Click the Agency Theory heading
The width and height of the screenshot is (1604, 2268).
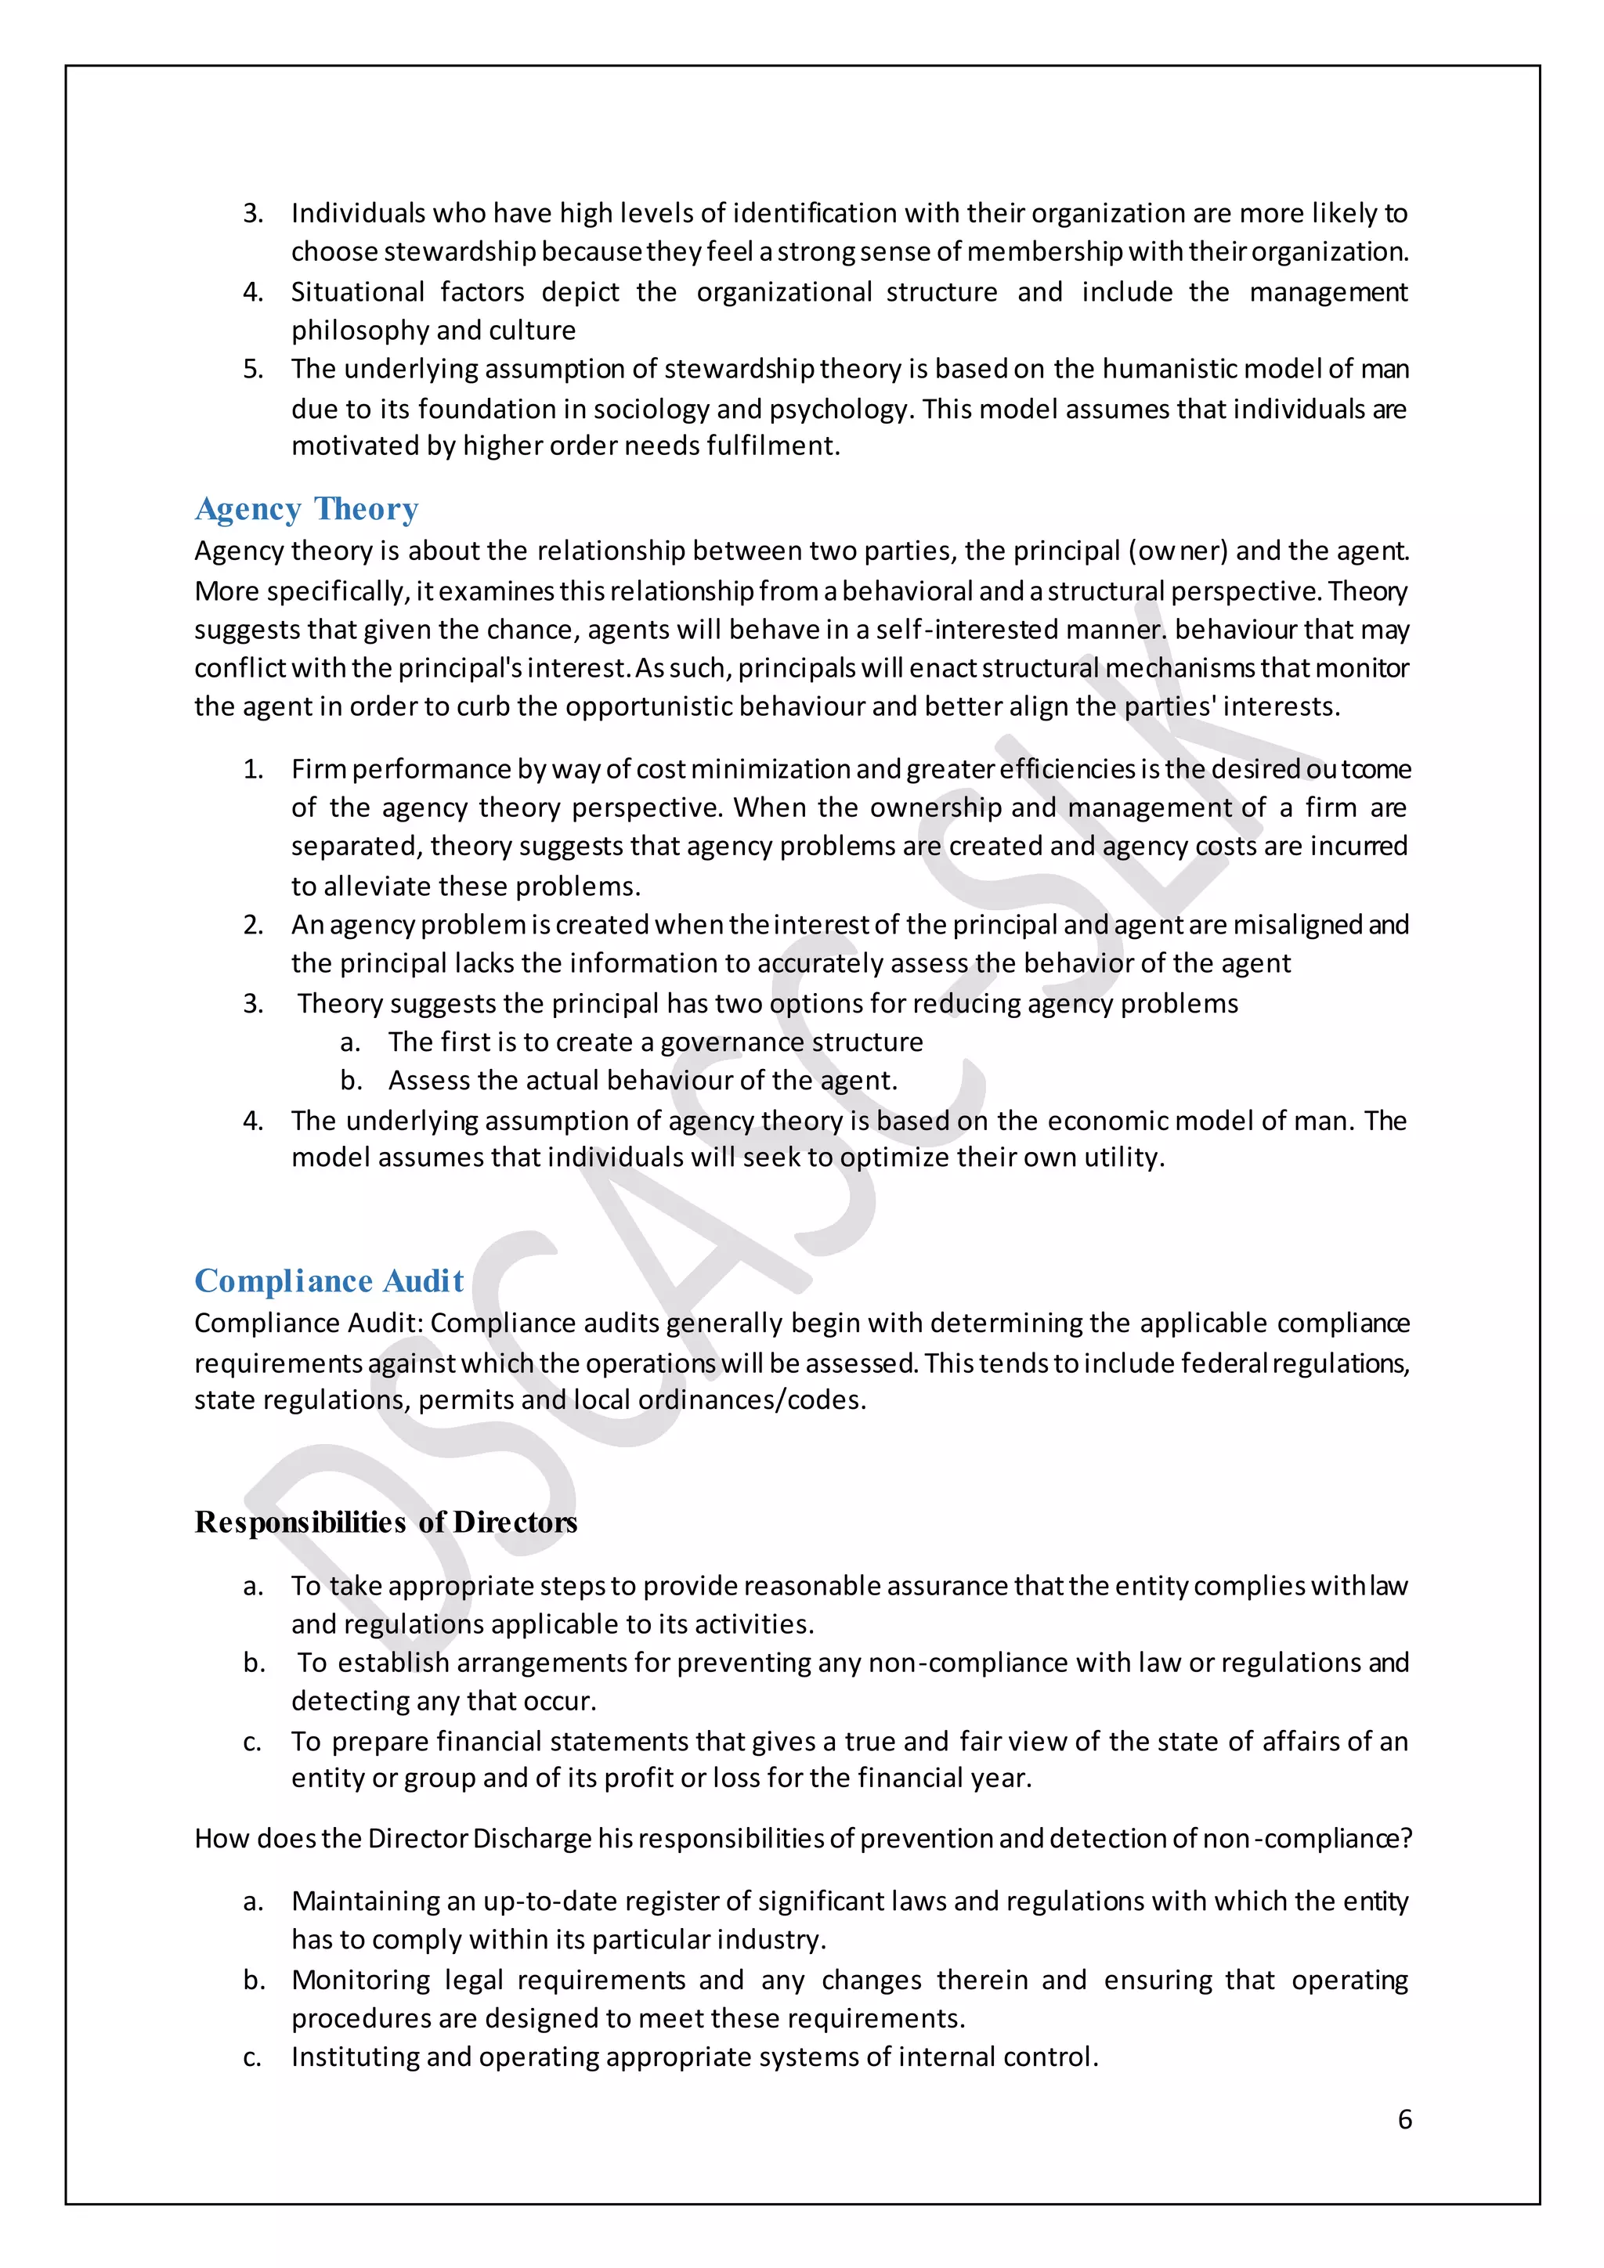pos(306,509)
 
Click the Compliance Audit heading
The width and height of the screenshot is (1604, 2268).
pos(329,1280)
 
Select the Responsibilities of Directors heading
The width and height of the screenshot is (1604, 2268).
pos(385,1522)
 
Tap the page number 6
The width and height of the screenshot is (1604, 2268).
pos(1404,2119)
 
